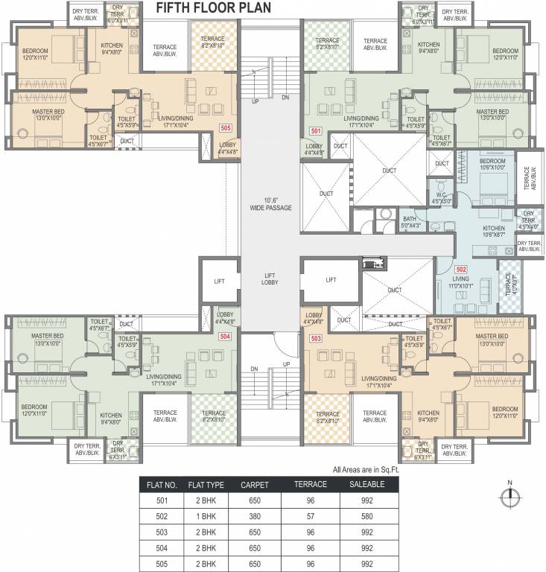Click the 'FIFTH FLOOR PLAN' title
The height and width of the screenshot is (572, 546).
tap(214, 8)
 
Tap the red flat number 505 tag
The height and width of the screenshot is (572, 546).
tap(225, 128)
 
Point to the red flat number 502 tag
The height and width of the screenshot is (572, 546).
tap(461, 269)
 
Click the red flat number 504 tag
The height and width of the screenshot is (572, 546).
tap(224, 337)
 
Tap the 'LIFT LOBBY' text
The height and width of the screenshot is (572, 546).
tap(270, 280)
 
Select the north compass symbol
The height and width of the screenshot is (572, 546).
tap(509, 497)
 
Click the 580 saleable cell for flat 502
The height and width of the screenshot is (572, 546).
tap(366, 517)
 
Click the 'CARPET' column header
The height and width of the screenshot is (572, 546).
tap(250, 484)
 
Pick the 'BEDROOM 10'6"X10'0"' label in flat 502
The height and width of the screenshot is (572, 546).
tap(492, 165)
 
